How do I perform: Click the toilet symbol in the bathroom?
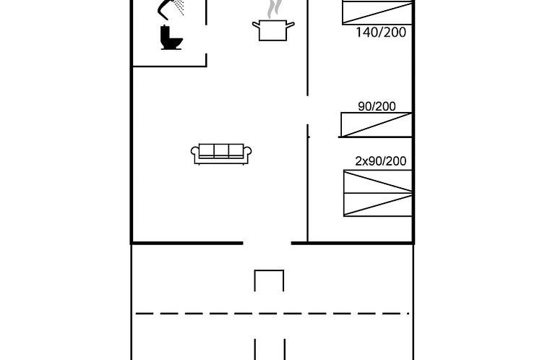coord(171,38)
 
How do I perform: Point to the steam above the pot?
coord(273,9)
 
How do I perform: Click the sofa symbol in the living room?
coord(221,153)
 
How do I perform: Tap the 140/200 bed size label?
coord(381,33)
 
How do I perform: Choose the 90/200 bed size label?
coord(377,106)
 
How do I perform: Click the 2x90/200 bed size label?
coord(380,161)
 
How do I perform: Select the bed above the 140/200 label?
coord(377,13)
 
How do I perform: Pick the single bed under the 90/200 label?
coord(377,125)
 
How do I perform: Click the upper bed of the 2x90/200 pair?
coord(378,182)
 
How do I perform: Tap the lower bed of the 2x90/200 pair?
coord(378,205)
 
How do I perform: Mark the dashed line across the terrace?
coord(272,313)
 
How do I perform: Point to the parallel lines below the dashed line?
coord(270,348)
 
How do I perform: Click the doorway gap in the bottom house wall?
coord(267,244)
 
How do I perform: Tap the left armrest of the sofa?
coord(195,153)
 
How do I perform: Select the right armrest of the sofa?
coord(247,153)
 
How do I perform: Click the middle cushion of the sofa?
coord(221,150)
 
